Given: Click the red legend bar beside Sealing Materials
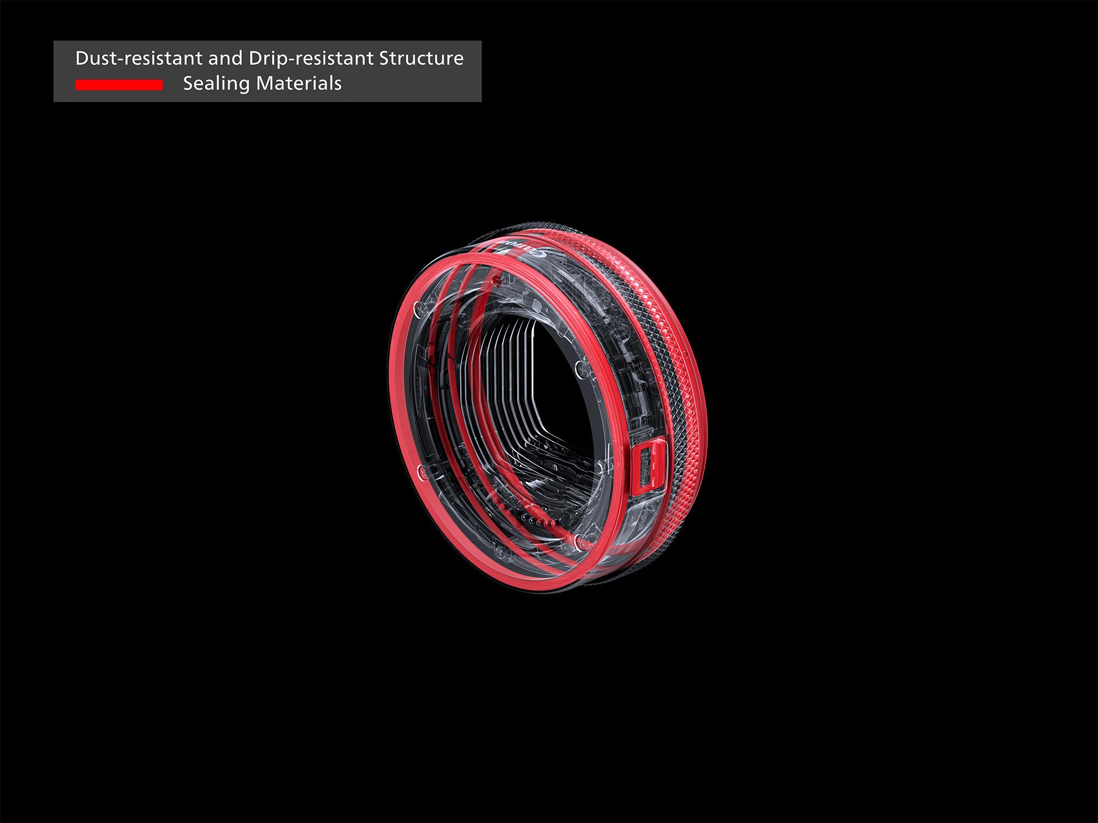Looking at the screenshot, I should (x=119, y=84).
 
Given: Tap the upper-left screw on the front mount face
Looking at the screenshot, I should (x=419, y=309).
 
